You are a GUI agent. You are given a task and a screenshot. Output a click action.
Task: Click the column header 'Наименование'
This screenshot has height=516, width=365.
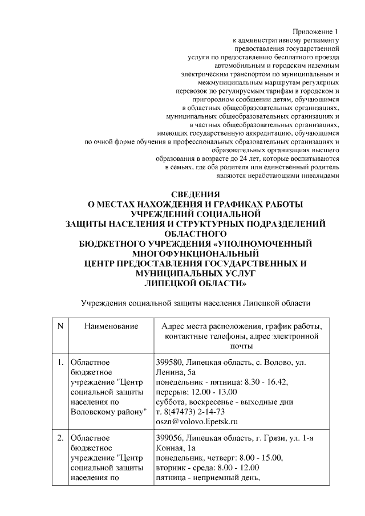coord(111,326)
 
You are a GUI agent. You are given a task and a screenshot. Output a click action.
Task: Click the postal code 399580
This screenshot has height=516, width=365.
coord(169,361)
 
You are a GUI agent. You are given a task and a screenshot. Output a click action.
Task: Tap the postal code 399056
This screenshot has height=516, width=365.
coord(169,438)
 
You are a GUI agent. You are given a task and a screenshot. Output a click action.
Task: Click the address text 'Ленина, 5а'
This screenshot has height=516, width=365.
coord(174,372)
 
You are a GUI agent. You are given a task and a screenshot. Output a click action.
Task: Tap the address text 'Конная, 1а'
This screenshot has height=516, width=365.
coord(175,448)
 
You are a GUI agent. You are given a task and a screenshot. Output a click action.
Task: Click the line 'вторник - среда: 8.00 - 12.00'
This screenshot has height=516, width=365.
coord(207,468)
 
